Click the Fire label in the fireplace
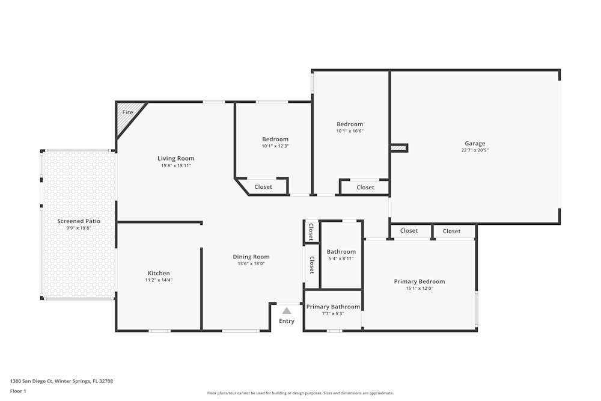127,112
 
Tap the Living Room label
176,159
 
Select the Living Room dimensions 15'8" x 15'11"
176,165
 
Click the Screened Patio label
79,221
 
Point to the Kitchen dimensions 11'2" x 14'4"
159,280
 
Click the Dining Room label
251,257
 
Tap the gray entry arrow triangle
287,311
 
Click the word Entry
287,321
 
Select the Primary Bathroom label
333,307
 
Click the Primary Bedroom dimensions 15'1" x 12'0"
419,289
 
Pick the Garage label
475,144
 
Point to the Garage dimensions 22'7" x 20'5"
475,150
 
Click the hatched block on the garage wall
398,147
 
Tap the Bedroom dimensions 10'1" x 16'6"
350,131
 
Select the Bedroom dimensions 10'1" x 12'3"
275,146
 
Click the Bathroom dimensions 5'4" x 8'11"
341,259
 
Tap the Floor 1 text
18,391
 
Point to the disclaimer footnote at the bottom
300,393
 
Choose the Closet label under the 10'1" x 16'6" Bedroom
365,188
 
